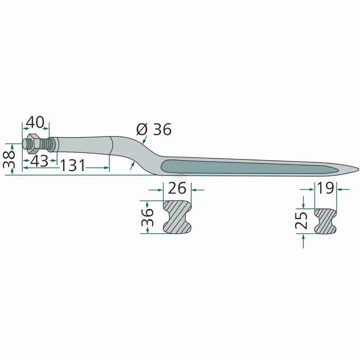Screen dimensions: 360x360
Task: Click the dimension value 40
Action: [x=35, y=122]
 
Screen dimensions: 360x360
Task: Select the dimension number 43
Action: [x=39, y=161]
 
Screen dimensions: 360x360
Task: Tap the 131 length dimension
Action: [x=73, y=165]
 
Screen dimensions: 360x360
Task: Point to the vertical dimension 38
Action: [x=9, y=159]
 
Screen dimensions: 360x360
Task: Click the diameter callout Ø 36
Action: [x=154, y=129]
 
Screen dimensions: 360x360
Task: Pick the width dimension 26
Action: [x=177, y=188]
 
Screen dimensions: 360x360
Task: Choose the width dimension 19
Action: [x=325, y=188]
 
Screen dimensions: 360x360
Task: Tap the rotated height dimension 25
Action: [x=301, y=220]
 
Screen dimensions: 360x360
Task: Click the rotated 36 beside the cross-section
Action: [x=148, y=217]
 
